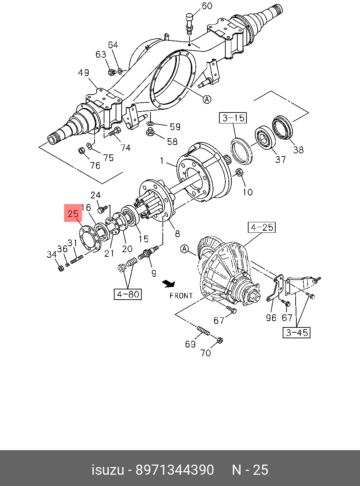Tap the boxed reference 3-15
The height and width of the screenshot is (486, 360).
coord(233,118)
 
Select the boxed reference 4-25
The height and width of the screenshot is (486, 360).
coord(262,228)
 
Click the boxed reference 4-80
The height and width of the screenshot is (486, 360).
coord(128,294)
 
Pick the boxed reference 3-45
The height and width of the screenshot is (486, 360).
coord(297,332)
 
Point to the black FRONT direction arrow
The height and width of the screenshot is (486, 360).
coord(169,283)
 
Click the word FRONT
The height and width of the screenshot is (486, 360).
coord(181,296)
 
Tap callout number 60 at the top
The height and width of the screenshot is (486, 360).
coord(207,6)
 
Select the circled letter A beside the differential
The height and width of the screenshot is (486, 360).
coord(185,249)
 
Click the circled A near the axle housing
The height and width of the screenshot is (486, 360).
coord(207,99)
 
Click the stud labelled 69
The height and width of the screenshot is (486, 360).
coord(203,331)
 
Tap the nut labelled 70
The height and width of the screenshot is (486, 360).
coord(219,340)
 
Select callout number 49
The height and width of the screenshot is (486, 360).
coord(83,73)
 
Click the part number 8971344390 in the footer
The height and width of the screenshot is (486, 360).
coord(175,470)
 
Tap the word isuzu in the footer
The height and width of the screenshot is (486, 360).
coord(108,470)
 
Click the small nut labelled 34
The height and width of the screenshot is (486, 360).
coord(60,268)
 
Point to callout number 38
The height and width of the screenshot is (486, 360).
coord(298,150)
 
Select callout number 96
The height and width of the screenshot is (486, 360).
coord(271,318)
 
